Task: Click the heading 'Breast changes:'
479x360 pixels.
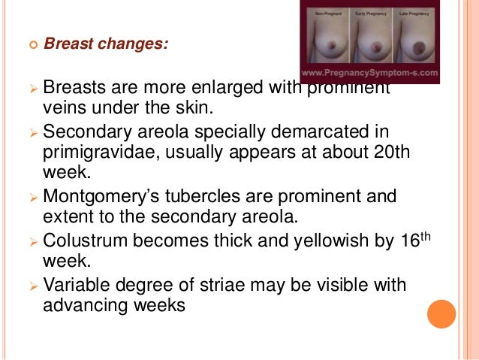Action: [107, 44]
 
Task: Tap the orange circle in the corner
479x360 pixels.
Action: [441, 313]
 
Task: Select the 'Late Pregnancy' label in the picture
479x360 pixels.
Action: [429, 14]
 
